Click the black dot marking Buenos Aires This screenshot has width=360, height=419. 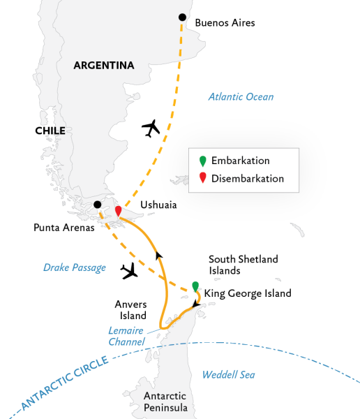coord(183,17)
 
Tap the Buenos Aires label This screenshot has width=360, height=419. coord(225,22)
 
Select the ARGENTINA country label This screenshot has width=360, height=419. coord(104,66)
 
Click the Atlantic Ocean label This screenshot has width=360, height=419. coord(241,97)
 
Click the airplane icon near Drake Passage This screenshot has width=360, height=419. coord(130,271)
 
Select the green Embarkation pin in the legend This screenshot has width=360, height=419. coord(202,161)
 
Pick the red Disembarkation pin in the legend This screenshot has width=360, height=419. coord(202,178)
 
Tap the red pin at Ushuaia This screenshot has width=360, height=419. coord(119,210)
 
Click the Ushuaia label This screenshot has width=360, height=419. coord(158,205)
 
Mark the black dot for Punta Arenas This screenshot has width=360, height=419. coord(97,205)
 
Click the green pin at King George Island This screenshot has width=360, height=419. coord(195,286)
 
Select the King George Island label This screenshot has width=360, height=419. coord(248,293)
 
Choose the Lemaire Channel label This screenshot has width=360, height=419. coord(127,336)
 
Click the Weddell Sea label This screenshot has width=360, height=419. coord(228,375)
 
